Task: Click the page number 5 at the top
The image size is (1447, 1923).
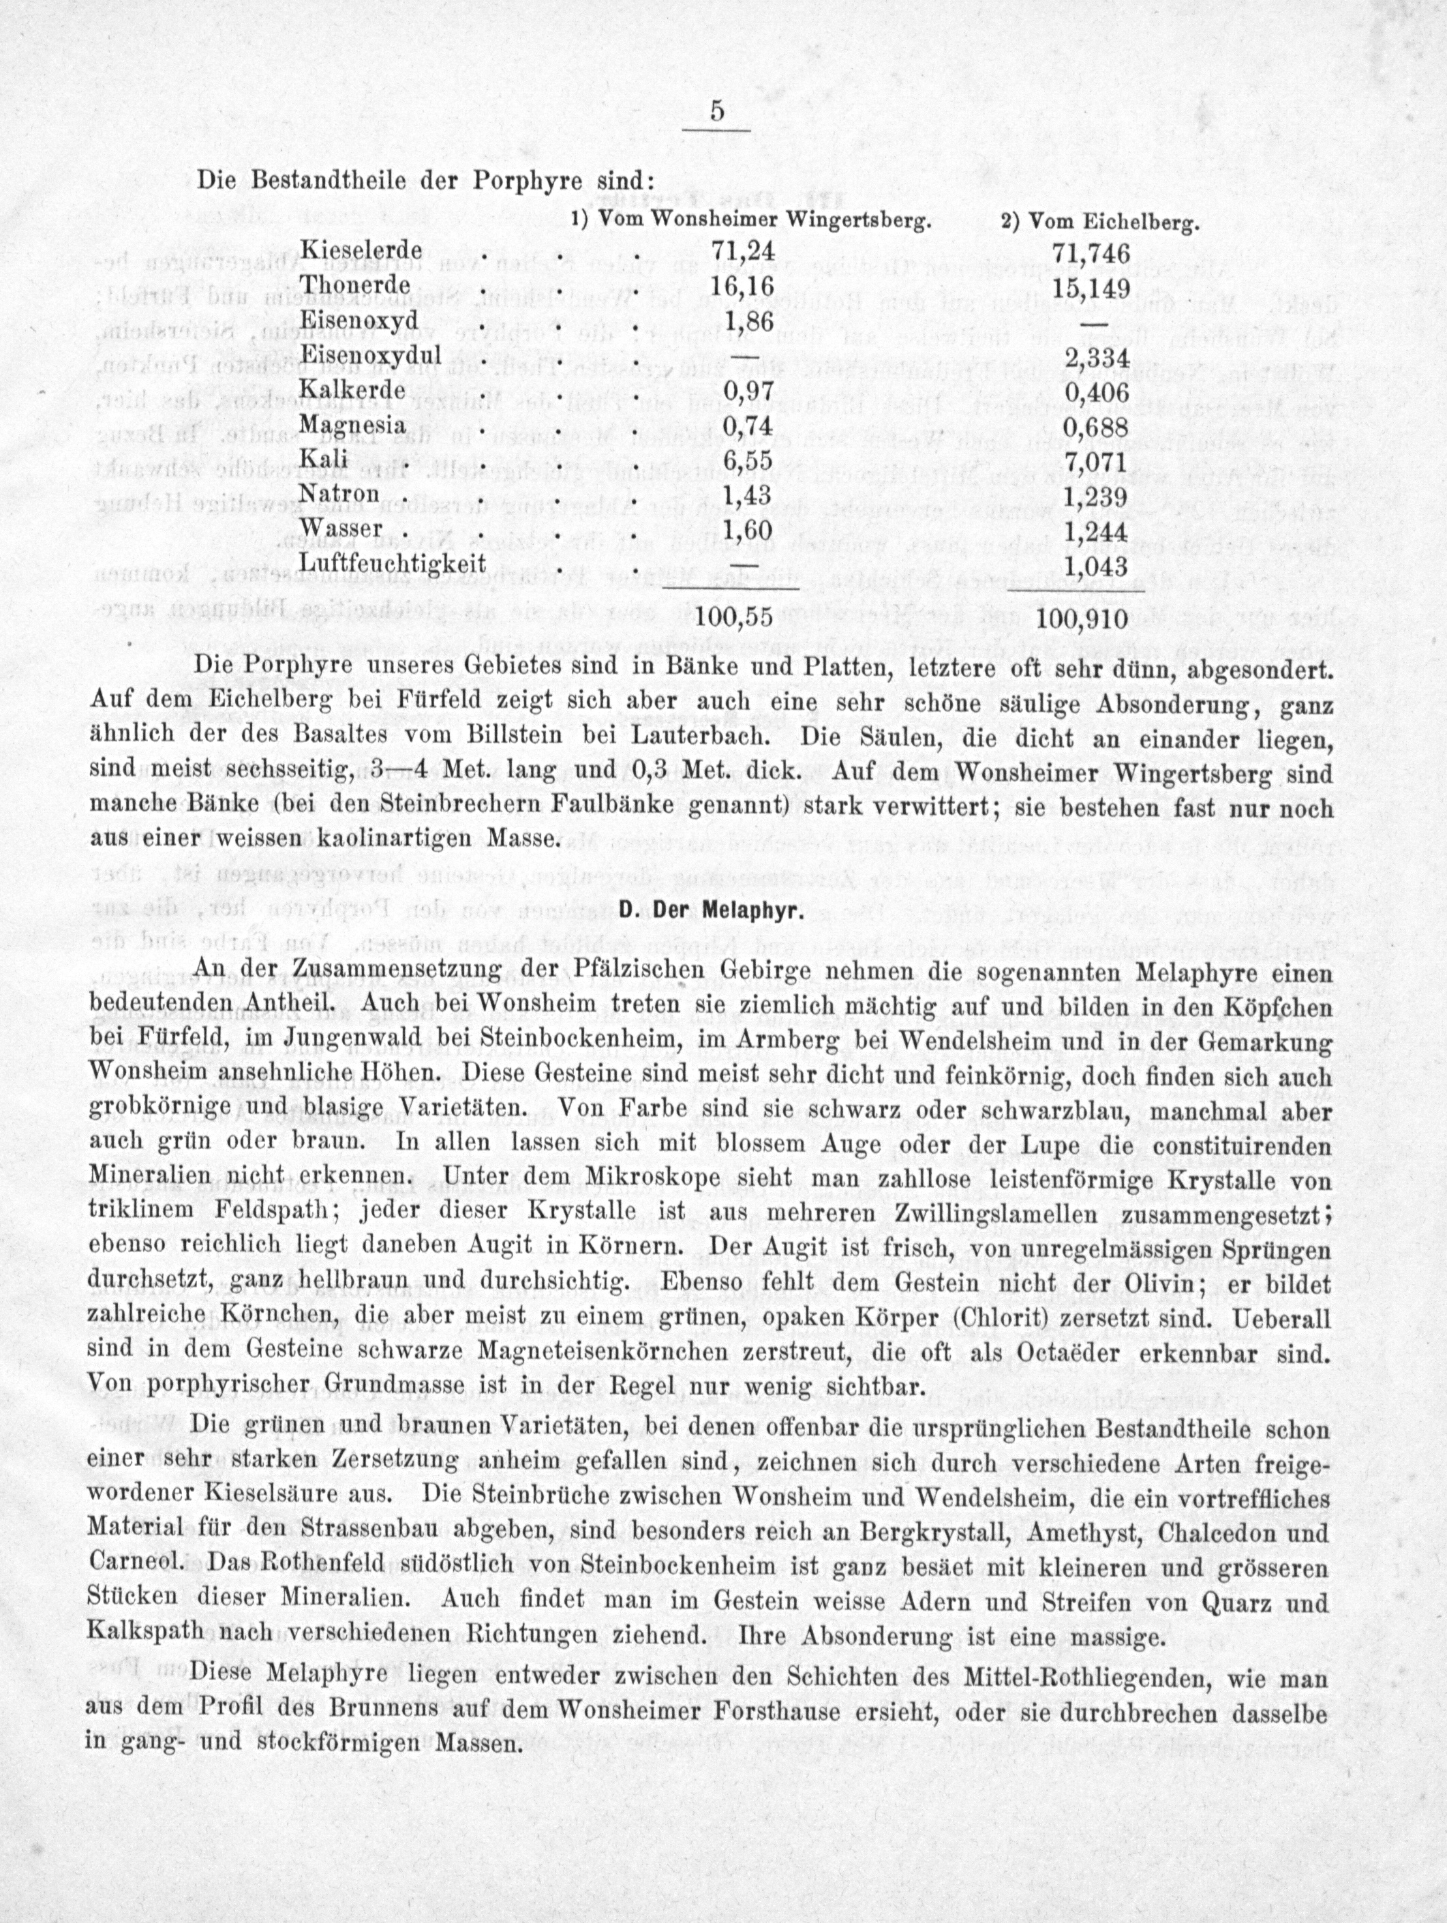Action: click(x=717, y=111)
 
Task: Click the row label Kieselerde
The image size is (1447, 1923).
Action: click(x=361, y=250)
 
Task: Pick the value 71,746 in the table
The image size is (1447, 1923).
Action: click(x=1091, y=253)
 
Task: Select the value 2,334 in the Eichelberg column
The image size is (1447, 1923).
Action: click(x=1095, y=358)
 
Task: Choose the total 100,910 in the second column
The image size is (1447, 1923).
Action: click(x=1083, y=619)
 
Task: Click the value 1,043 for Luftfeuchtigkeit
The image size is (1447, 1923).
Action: click(x=1095, y=567)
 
